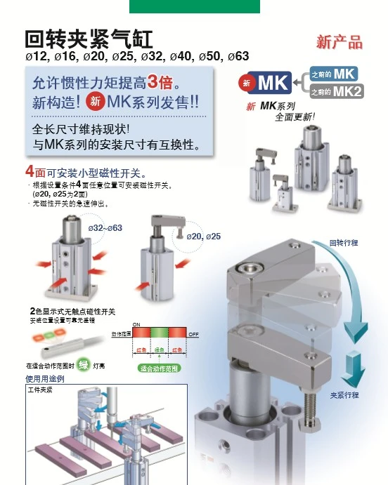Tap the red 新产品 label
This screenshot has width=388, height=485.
[339, 42]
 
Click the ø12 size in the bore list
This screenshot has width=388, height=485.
[36, 56]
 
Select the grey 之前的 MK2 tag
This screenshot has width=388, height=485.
[337, 91]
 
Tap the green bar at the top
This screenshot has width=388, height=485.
[195, 6]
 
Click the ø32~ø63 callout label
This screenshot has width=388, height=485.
[105, 228]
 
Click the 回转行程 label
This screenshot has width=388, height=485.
[344, 242]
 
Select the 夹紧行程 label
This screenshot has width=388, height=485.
[345, 395]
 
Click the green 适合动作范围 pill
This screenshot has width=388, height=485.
[158, 368]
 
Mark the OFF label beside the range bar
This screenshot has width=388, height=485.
[194, 335]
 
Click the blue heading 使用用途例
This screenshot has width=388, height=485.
[45, 379]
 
